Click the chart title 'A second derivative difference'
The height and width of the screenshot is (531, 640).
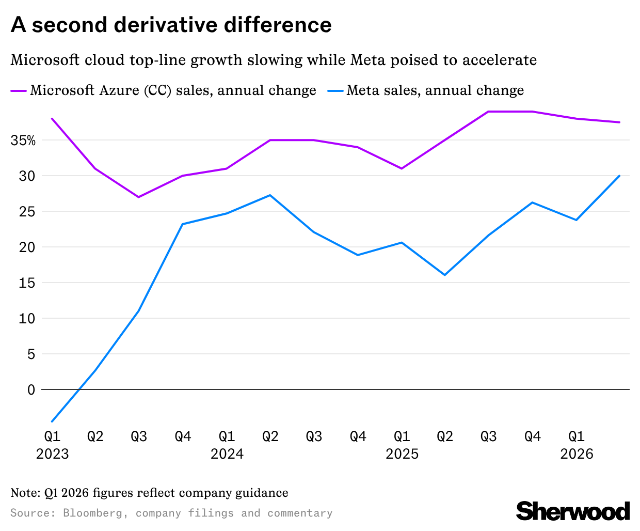[171, 25]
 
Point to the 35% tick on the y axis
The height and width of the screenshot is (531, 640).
[23, 140]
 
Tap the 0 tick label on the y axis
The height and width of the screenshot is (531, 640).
[31, 390]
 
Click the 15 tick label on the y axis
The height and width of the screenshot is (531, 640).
[27, 283]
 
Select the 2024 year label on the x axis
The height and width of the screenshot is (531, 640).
[227, 454]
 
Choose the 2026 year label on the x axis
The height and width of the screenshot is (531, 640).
[577, 454]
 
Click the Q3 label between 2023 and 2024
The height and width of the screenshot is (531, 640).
[139, 437]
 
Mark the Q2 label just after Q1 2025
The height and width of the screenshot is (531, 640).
[445, 437]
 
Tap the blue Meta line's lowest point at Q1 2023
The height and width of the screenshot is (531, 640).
[52, 421]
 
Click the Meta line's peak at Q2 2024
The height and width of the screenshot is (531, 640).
[270, 195]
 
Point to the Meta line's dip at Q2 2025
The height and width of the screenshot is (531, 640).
[444, 275]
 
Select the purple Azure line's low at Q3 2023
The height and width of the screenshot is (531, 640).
[139, 197]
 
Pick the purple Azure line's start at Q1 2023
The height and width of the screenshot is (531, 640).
[52, 119]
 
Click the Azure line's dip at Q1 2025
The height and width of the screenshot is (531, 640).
[401, 168]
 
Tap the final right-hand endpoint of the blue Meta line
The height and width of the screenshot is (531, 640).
[619, 176]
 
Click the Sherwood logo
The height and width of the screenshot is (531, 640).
[573, 511]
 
